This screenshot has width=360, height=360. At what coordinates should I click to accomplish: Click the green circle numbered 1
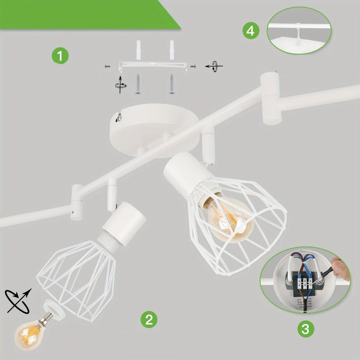(x=60, y=56)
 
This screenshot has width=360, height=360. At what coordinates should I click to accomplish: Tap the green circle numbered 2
(x=149, y=319)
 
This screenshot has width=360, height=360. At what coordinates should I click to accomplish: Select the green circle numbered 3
(x=305, y=329)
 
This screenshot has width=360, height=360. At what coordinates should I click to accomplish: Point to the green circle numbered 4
(x=251, y=31)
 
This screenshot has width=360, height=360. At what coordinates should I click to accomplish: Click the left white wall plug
(x=138, y=50)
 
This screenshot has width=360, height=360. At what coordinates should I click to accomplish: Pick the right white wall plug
(x=172, y=50)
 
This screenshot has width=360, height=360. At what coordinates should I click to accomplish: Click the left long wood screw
(x=138, y=84)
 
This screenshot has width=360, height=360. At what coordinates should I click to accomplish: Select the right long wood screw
(x=172, y=84)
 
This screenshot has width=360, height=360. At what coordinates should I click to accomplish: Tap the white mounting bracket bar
(x=152, y=65)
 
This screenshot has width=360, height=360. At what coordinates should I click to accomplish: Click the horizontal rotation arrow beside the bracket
(x=214, y=67)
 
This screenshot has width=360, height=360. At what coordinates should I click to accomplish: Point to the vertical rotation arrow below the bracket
(x=120, y=85)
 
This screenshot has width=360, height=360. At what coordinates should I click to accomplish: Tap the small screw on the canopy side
(x=119, y=118)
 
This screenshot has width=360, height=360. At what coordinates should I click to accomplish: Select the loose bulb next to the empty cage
(x=31, y=331)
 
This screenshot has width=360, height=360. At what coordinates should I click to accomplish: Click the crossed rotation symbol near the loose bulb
(x=18, y=301)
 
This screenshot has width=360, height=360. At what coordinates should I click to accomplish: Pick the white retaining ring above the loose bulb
(x=54, y=309)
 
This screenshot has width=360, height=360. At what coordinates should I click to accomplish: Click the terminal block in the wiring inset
(x=305, y=283)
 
